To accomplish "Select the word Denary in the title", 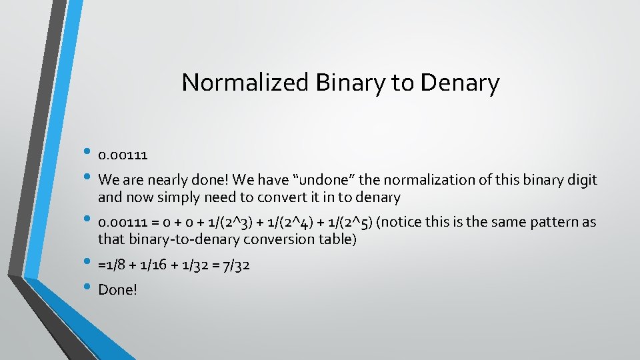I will click(x=460, y=83).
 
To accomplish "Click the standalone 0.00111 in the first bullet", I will click(x=123, y=155).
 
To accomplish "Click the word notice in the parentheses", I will click(x=401, y=222).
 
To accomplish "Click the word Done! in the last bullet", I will click(x=117, y=289).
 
